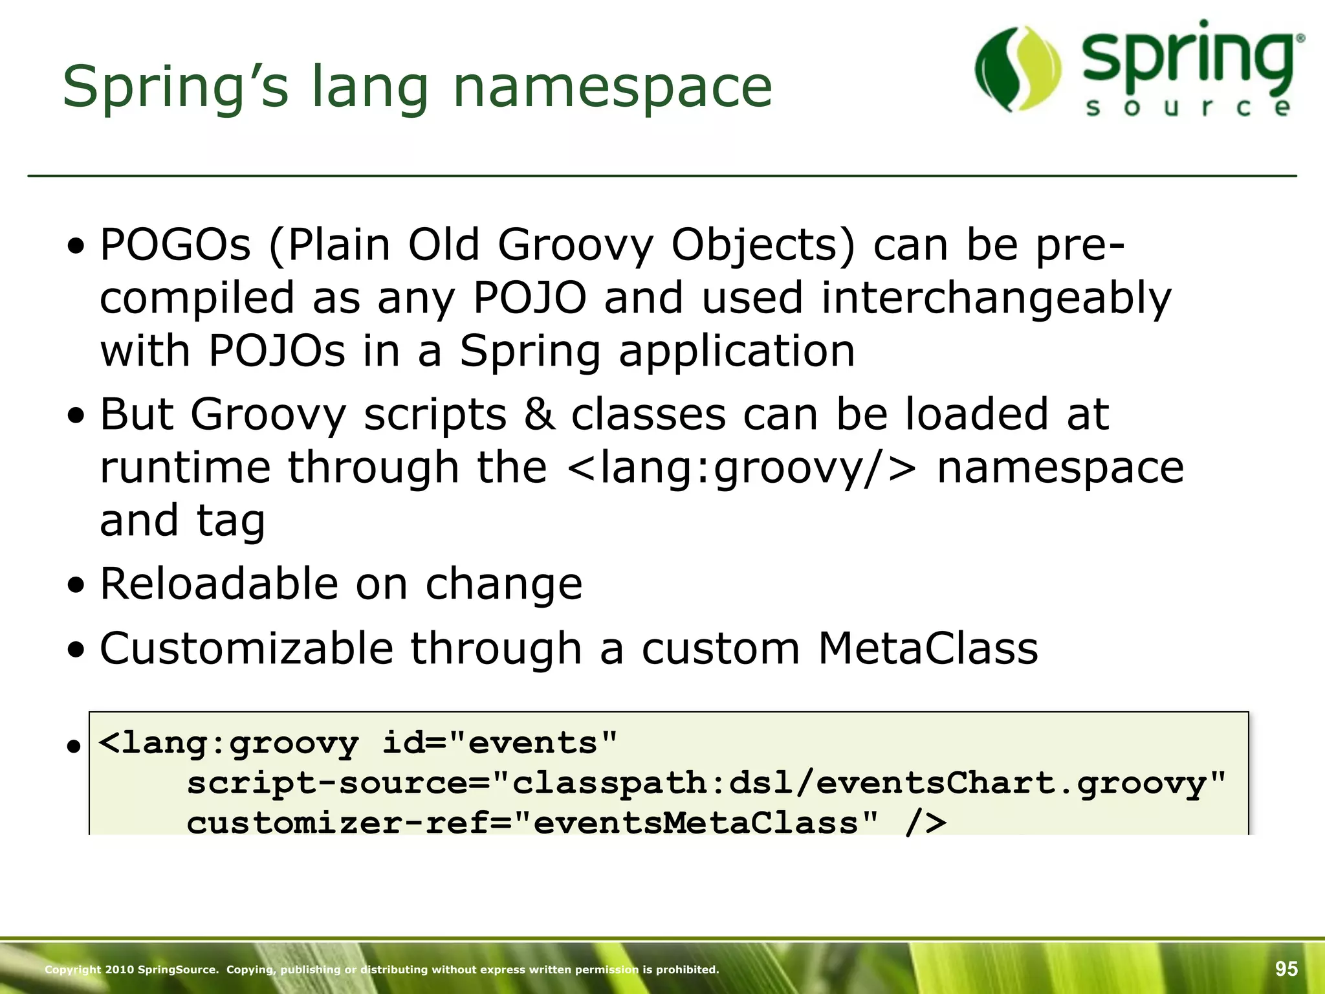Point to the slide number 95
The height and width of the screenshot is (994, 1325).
pyautogui.click(x=1286, y=969)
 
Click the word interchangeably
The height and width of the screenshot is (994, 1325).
pyautogui.click(x=996, y=299)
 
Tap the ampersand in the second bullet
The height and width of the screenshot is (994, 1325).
pyautogui.click(x=540, y=414)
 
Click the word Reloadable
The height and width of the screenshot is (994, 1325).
pyautogui.click(x=219, y=584)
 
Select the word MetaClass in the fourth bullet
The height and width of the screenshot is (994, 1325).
pyautogui.click(x=928, y=648)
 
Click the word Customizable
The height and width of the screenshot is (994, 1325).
pyautogui.click(x=246, y=648)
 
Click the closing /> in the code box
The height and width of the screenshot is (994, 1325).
pyautogui.click(x=925, y=822)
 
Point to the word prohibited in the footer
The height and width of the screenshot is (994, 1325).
pyautogui.click(x=692, y=969)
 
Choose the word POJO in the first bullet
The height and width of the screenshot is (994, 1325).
pyautogui.click(x=529, y=299)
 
